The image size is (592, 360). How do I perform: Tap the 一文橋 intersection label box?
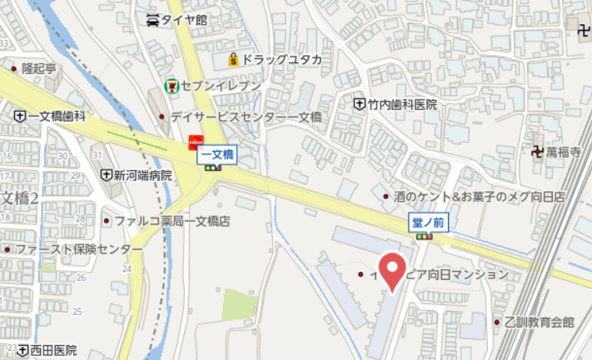[218, 155]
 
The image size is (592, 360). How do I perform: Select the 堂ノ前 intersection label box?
[427, 222]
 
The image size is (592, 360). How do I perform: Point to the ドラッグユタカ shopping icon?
[232, 59]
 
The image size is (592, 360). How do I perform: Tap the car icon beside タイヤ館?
[154, 19]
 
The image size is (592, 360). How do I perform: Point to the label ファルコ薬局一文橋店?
[172, 222]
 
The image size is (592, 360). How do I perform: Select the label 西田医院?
[54, 351]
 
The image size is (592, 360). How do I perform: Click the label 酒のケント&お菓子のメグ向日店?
[479, 196]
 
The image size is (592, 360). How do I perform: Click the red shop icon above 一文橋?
[195, 140]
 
